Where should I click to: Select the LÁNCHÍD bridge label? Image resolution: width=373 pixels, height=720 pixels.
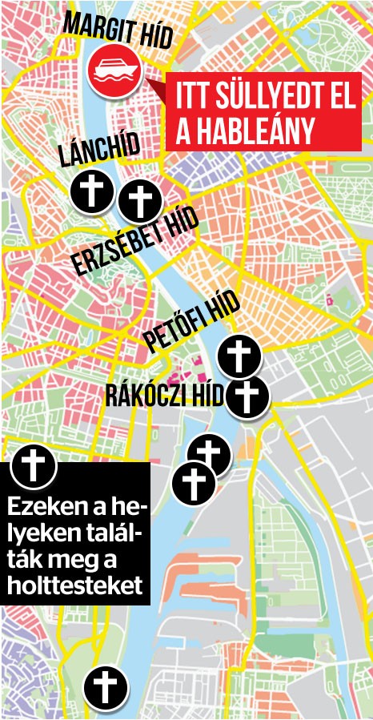98,151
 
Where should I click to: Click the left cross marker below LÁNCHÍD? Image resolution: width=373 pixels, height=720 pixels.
91,191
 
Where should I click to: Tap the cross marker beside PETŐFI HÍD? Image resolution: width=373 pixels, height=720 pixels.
239,356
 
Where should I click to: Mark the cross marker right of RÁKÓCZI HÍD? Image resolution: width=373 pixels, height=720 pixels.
247,396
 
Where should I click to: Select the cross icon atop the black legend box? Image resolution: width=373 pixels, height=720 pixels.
33,465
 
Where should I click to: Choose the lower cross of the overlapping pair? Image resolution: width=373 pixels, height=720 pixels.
193,483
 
